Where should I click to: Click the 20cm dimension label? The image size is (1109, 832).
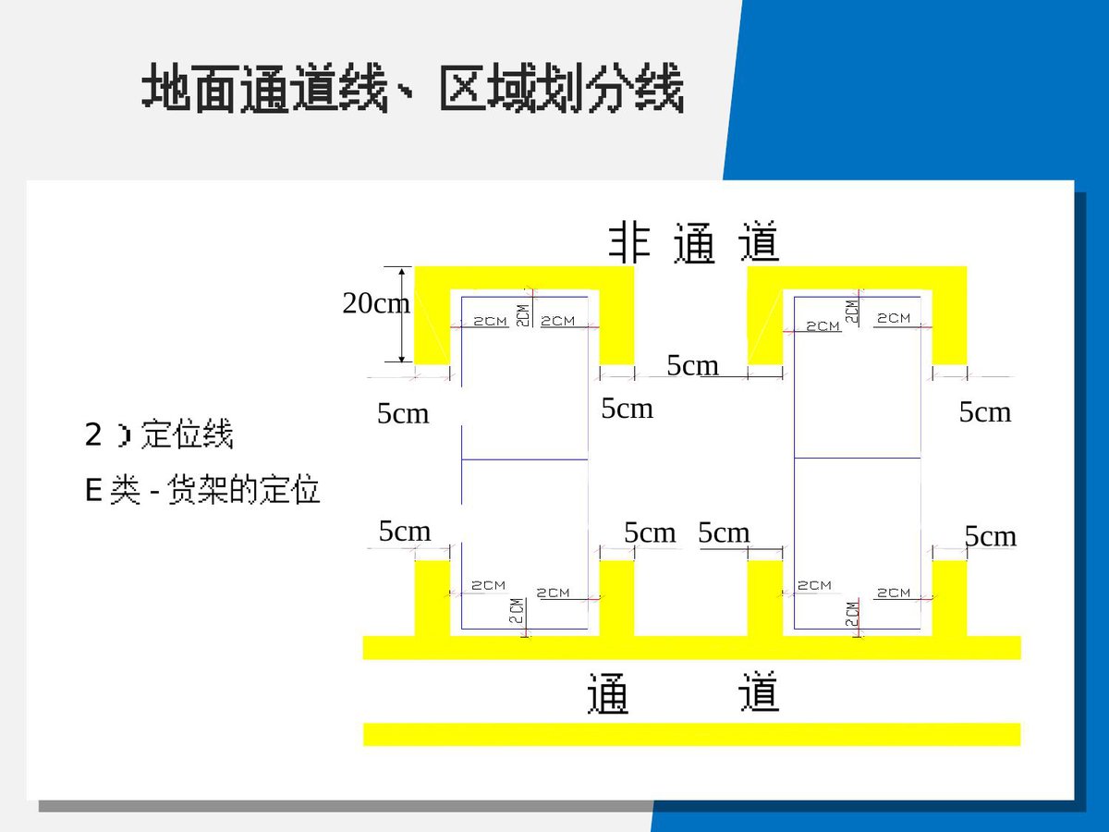click(376, 303)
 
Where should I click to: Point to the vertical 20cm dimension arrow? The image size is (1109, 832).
click(402, 314)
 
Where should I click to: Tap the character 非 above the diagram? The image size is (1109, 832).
click(629, 243)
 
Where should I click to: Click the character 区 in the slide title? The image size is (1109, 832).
click(464, 88)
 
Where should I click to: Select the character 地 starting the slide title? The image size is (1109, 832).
click(166, 87)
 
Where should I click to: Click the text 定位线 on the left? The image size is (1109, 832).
click(187, 434)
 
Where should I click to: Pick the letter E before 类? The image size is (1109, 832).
click(93, 490)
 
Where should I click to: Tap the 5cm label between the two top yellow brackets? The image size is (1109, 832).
click(692, 365)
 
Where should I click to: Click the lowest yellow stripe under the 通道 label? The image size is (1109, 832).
click(691, 734)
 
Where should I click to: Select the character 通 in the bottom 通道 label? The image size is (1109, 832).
click(608, 693)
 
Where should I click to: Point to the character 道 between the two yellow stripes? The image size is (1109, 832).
click(759, 691)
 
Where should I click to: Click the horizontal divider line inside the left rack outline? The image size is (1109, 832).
click(524, 459)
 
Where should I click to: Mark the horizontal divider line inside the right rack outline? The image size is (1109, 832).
click(857, 458)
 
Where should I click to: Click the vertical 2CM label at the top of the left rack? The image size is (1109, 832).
click(523, 315)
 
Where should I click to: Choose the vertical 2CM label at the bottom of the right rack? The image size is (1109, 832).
click(852, 614)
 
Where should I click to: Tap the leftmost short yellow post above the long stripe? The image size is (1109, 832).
click(433, 598)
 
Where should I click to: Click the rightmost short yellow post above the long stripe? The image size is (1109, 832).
click(949, 598)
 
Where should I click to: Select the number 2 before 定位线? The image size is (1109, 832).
click(93, 434)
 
